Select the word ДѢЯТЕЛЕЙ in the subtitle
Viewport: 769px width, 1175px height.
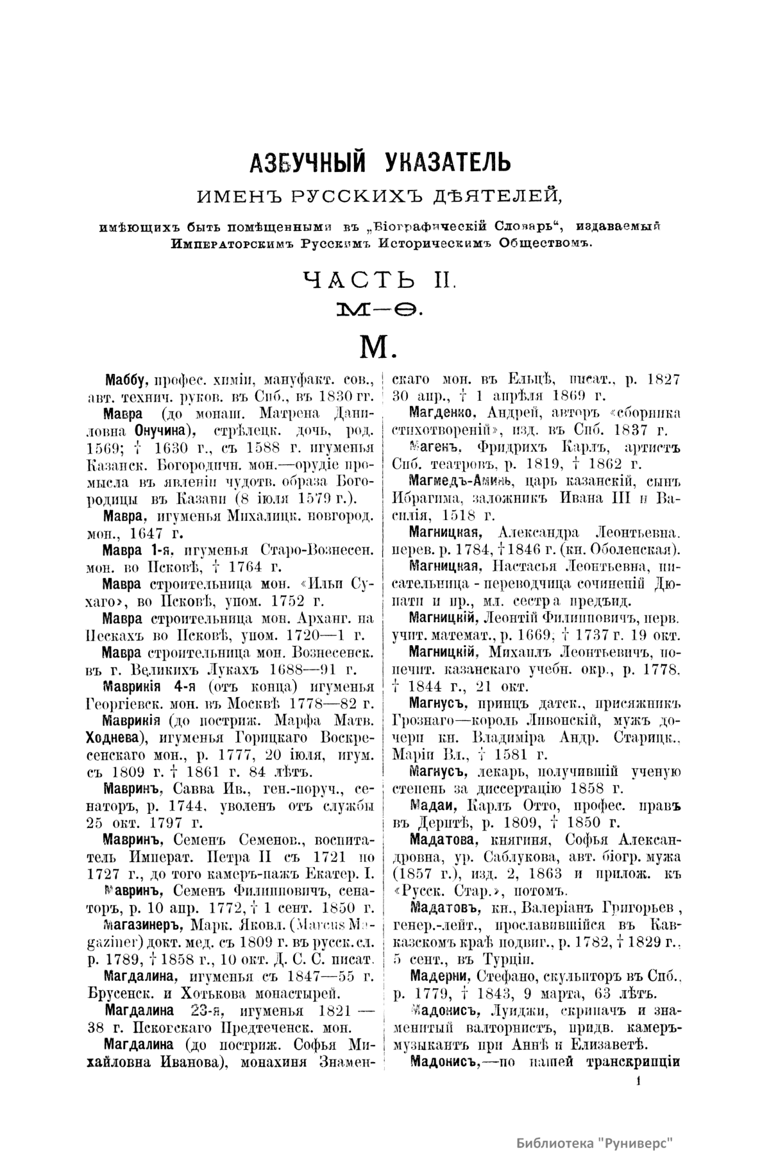pos(502,194)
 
